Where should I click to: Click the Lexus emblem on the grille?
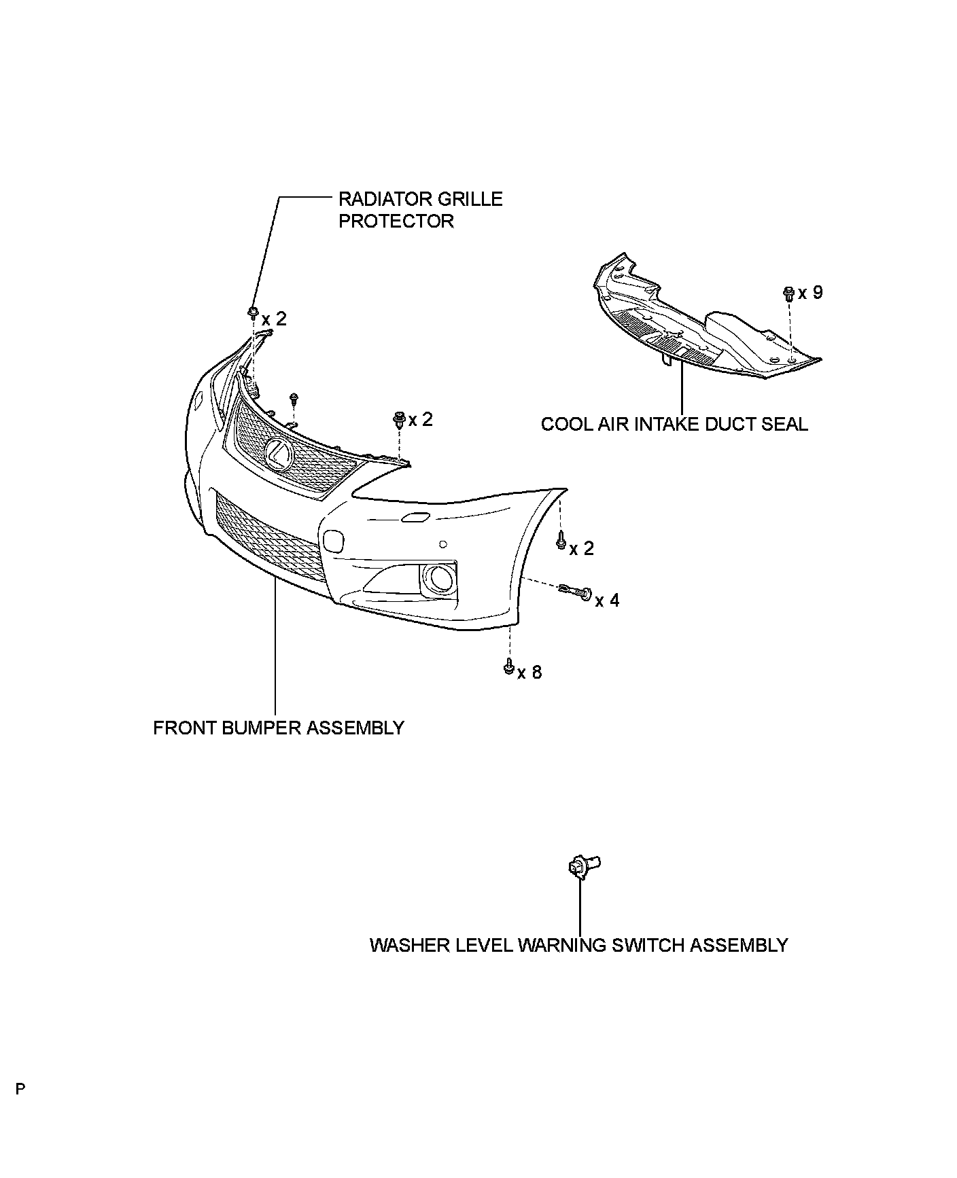click(278, 453)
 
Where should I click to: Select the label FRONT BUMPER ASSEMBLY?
click(279, 728)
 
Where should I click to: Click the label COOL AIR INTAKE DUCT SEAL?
click(674, 425)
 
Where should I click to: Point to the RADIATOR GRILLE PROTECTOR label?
click(420, 210)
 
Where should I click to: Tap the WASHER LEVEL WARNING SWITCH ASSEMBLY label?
click(578, 945)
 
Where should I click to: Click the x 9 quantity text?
click(810, 293)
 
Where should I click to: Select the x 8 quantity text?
click(529, 673)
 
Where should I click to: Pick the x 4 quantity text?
click(607, 601)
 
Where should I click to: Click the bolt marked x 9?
click(788, 294)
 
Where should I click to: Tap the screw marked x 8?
click(508, 668)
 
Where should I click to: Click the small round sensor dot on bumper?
click(442, 543)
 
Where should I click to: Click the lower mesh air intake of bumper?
click(268, 537)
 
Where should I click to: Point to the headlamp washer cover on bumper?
click(414, 518)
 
